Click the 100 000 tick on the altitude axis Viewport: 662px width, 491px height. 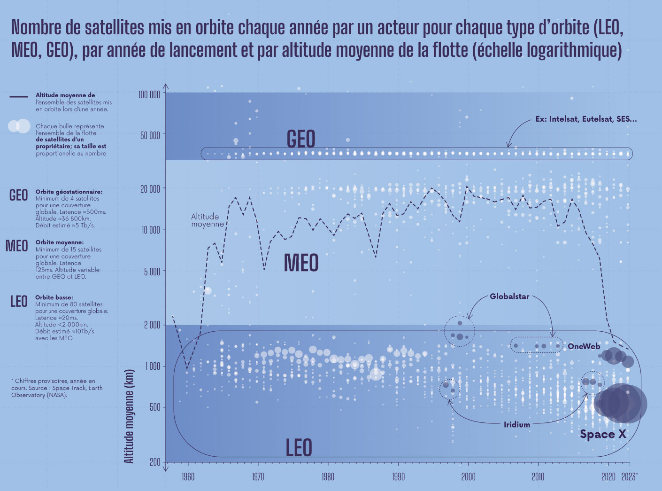150,94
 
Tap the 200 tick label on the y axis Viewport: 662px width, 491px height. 154,462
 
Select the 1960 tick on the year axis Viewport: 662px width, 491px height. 188,477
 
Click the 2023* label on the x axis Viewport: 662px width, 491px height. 629,477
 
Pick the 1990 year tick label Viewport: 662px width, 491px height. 398,477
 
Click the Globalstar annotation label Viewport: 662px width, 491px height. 509,296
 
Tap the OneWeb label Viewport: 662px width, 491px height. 584,346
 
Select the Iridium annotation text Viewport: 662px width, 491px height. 516,425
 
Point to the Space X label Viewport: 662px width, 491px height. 603,434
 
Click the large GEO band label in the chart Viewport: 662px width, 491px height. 301,139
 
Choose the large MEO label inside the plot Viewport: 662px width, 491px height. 301,263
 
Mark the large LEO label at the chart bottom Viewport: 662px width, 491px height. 299,448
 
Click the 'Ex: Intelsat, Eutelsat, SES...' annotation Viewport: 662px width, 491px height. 586,119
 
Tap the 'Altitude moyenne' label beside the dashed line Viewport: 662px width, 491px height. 207,220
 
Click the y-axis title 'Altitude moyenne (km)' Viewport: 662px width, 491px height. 129,416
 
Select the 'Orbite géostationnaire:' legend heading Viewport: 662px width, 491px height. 69,192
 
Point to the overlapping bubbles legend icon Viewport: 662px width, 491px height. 19,126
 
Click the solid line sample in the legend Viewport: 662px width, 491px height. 19,97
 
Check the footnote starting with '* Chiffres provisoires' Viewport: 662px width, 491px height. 56,388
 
